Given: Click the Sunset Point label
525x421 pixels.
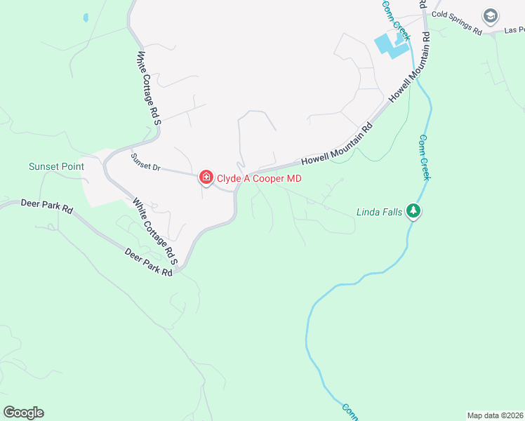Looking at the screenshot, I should [x=56, y=166].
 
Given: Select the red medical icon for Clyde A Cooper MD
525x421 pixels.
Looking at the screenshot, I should [x=206, y=178].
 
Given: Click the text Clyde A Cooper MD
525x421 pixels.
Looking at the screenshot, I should [x=259, y=178].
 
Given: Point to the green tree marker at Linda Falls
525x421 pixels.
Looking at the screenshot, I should [x=414, y=211].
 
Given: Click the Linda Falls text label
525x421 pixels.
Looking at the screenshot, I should [x=380, y=211].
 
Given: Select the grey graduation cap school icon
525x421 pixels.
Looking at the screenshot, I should [x=490, y=15].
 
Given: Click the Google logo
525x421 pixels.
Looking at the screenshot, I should [x=23, y=413].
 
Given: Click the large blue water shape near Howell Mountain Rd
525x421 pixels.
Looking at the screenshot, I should [x=390, y=45].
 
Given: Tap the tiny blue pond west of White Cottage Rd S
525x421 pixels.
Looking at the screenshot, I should [x=85, y=17].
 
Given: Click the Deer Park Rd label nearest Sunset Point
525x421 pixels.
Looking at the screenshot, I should [x=48, y=208].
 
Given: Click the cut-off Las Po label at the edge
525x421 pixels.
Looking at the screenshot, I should [x=514, y=30].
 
